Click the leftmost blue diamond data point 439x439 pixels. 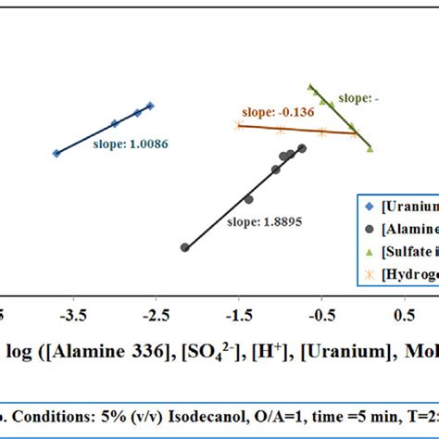[56, 153]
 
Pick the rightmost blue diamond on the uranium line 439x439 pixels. [150, 106]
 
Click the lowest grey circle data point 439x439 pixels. [185, 247]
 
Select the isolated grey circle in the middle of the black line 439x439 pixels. [248, 199]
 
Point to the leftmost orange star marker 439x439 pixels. [238, 125]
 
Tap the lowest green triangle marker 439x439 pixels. [370, 147]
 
